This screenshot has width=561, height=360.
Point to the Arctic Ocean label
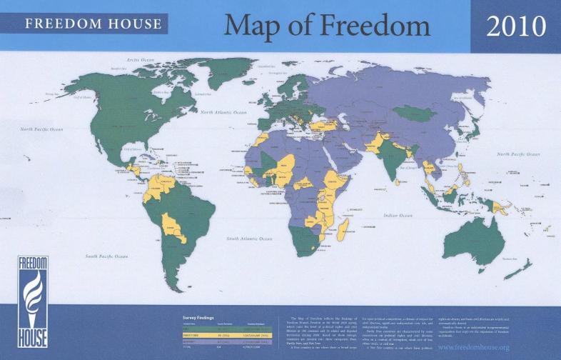[x=141, y=60]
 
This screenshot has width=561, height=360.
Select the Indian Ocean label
[x=398, y=215]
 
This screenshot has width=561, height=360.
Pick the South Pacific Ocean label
[x=106, y=256]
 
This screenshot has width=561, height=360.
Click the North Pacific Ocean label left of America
[x=42, y=129]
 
